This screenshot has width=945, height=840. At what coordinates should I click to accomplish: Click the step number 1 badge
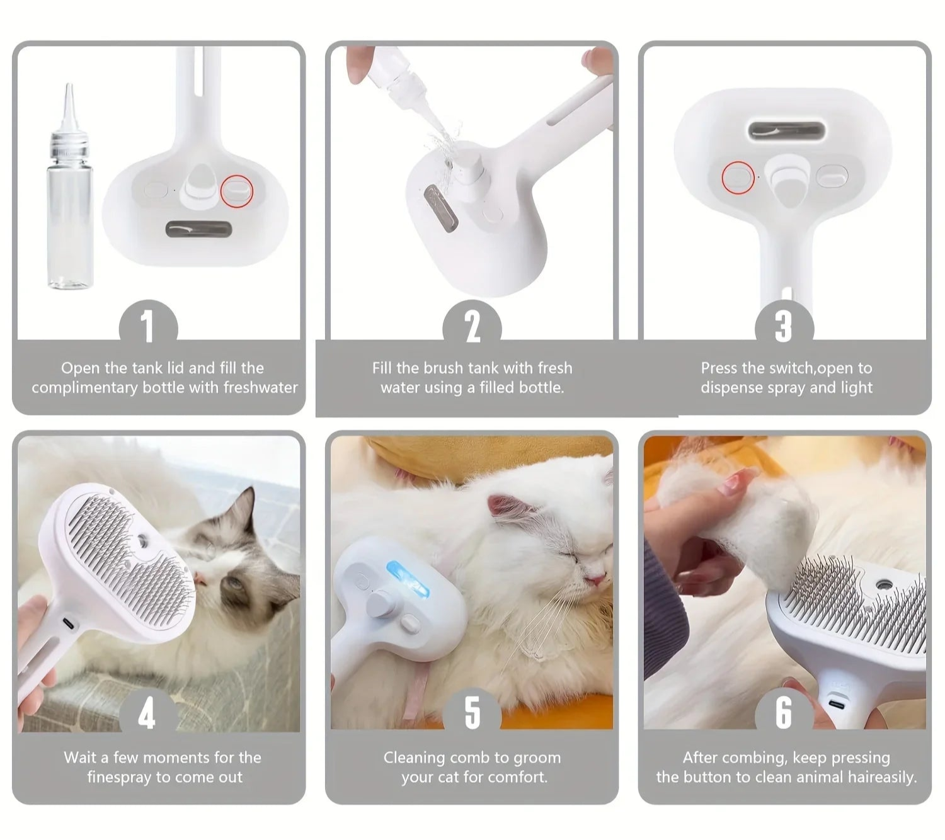[148, 326]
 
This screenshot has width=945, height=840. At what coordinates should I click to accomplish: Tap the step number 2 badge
[472, 326]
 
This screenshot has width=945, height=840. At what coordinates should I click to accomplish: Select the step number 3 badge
[784, 326]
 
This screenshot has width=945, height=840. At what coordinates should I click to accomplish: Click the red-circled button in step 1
[236, 191]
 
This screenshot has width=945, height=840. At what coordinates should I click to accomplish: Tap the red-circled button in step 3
[738, 177]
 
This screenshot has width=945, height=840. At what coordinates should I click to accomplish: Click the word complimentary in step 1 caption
[84, 387]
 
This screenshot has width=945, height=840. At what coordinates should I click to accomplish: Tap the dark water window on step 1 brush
[198, 229]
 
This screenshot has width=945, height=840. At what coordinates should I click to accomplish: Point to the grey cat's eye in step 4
[234, 583]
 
